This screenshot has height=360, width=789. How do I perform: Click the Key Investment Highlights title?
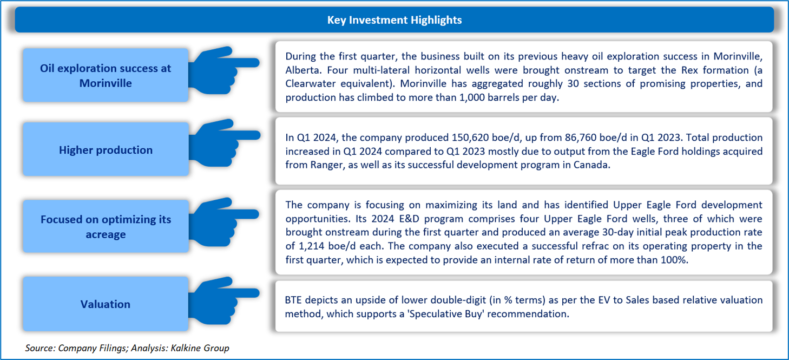(394, 19)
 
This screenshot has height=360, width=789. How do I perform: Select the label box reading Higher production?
(106, 149)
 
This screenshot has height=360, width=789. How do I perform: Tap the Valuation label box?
(106, 304)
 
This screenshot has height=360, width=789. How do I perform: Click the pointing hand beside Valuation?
(224, 300)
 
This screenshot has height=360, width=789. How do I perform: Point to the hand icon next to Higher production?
(224, 143)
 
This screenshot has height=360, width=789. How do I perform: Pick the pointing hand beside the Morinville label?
(224, 70)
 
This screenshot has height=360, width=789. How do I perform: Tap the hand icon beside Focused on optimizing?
(224, 222)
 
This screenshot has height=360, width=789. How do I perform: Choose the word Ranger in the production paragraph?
(326, 165)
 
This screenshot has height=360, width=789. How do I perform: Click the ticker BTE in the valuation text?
(293, 300)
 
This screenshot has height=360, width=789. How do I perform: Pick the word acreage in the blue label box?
(106, 234)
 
